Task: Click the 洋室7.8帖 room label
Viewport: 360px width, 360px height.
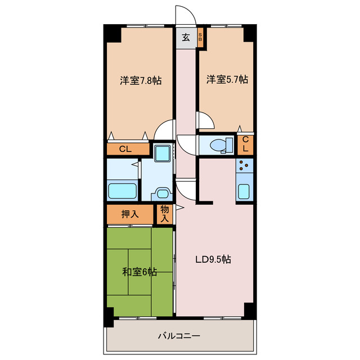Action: pos(141,80)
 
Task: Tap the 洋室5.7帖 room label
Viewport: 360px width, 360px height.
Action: pos(227,79)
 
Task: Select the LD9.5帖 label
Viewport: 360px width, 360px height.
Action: pos(213,259)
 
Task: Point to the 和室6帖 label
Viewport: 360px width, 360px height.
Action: pos(139,272)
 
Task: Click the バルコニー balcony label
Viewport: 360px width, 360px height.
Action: pos(179,336)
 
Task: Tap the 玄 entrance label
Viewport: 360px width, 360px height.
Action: pos(186,37)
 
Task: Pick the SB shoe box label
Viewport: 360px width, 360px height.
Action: pos(200,37)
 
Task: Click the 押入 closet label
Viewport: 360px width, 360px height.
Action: pos(130,214)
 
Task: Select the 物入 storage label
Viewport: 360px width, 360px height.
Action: pos(165,214)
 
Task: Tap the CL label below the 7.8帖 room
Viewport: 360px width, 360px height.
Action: pos(125,149)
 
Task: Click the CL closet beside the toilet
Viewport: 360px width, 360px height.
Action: pos(245,144)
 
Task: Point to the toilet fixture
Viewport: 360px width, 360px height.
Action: pos(221,145)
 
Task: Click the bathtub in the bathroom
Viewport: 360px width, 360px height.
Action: pos(123,191)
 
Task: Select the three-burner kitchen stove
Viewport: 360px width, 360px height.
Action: pos(245,165)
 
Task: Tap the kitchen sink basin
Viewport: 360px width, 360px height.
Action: pos(244,191)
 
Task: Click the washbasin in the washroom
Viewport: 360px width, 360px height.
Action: pos(163,194)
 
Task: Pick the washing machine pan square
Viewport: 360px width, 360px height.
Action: pos(162,152)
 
